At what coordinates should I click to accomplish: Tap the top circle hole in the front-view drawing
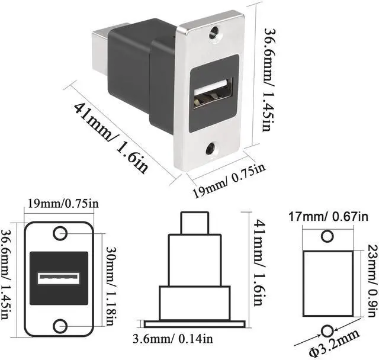pos(60,233)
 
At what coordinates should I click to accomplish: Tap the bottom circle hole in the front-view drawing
pos(60,326)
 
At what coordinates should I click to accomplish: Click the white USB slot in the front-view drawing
pos(59,279)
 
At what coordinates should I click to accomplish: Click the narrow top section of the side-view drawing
pos(195,224)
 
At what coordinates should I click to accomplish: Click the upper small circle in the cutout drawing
pos(327,237)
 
